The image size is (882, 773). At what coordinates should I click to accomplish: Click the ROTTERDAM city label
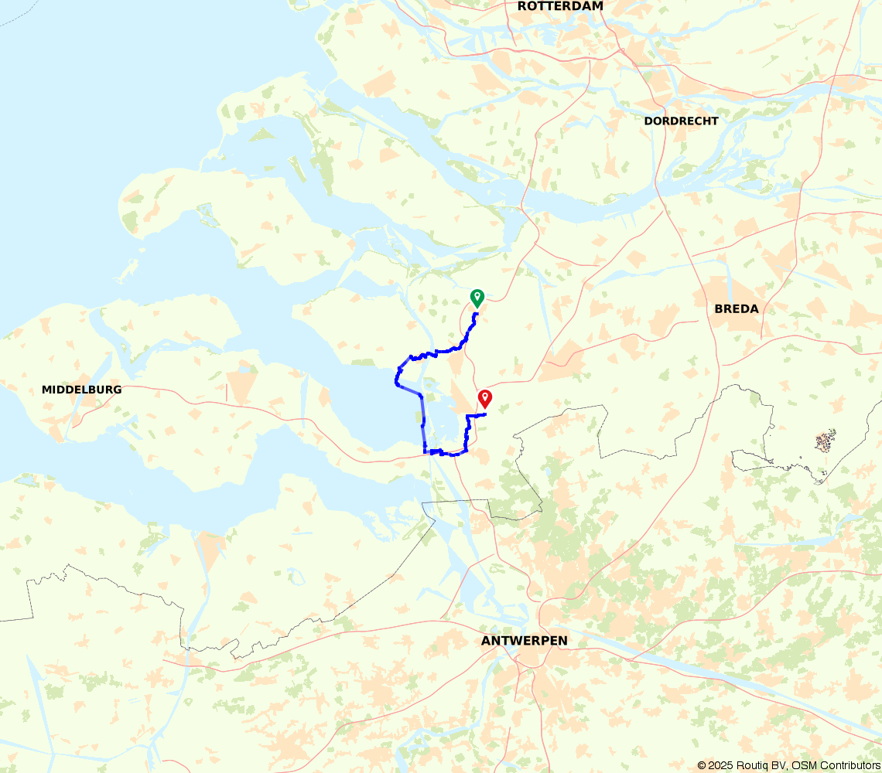560,6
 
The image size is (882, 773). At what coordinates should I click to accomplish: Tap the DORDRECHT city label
681,121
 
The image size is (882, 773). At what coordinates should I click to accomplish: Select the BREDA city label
736,309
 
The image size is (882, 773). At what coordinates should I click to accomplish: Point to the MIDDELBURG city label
81,390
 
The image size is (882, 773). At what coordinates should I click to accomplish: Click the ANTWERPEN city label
524,641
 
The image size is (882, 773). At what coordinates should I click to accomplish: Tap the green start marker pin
477,297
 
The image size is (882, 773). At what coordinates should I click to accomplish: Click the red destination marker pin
485,398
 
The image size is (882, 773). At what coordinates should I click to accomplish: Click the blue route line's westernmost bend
397,380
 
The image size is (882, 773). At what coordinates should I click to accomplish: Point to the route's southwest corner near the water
426,451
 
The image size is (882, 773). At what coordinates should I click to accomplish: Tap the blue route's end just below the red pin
485,415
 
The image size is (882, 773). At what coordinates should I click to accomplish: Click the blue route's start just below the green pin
477,314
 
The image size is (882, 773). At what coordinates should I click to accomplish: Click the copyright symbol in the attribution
702,765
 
